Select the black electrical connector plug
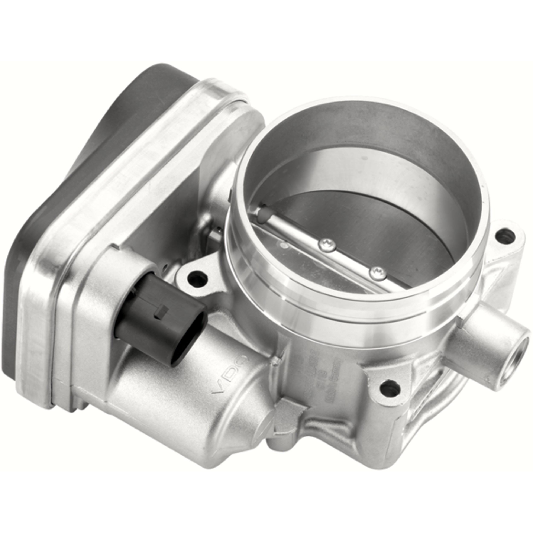163,317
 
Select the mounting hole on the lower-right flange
390,390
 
